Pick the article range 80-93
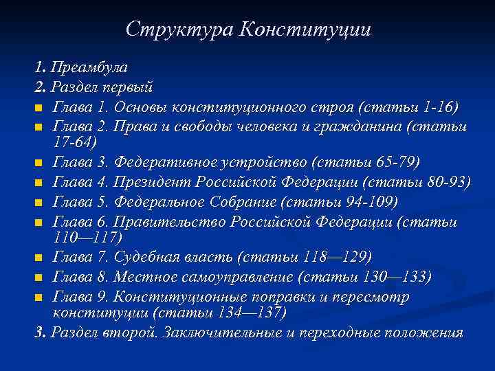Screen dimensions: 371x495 coord(445,182)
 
